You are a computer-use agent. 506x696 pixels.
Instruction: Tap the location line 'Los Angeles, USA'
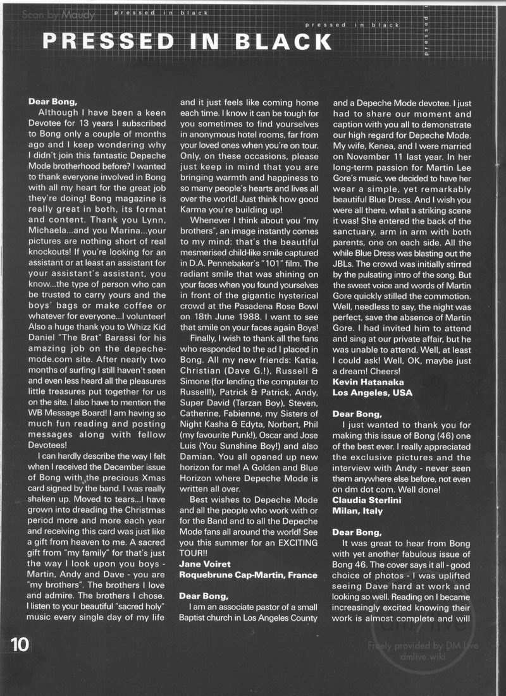click(372, 392)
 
